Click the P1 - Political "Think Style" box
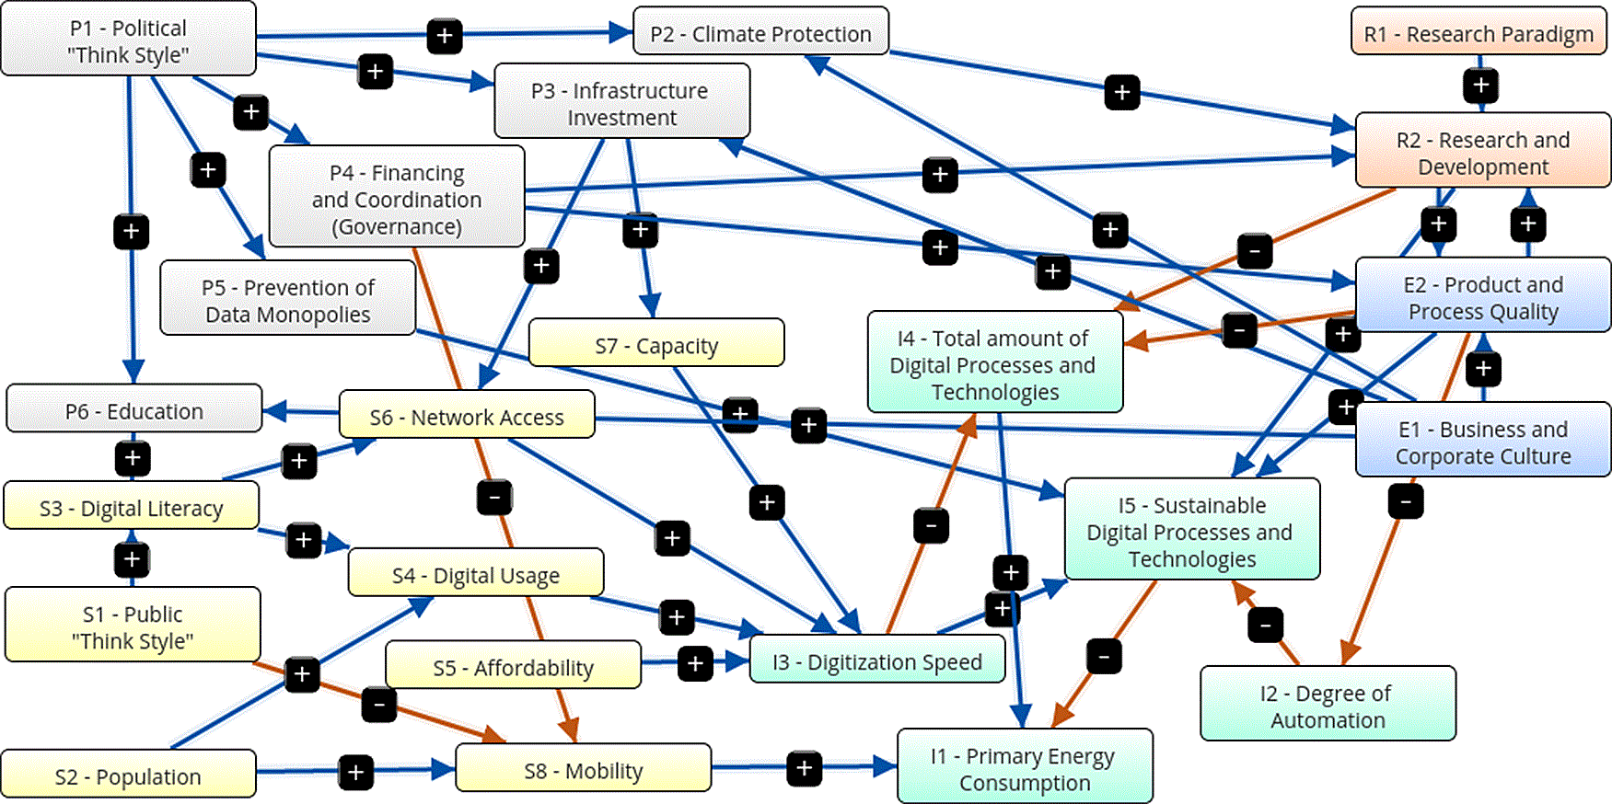(x=129, y=39)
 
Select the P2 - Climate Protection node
(x=761, y=32)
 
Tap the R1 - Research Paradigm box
(x=1479, y=32)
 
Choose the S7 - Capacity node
(x=656, y=343)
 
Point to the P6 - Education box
(x=134, y=409)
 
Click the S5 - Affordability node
(x=514, y=665)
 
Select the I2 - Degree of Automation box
(x=1328, y=704)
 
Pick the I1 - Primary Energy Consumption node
(x=1026, y=766)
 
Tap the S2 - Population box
(x=129, y=775)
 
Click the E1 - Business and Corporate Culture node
(x=1483, y=440)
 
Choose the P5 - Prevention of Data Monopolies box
(x=288, y=298)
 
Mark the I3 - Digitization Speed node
(x=877, y=660)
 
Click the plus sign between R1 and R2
(x=1481, y=86)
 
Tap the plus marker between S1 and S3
(x=133, y=558)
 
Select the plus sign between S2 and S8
(x=355, y=772)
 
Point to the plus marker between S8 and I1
(x=805, y=768)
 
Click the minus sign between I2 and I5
(x=1266, y=625)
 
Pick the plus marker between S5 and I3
(x=695, y=663)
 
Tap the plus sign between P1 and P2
(x=445, y=37)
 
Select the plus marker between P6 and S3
(x=133, y=458)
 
